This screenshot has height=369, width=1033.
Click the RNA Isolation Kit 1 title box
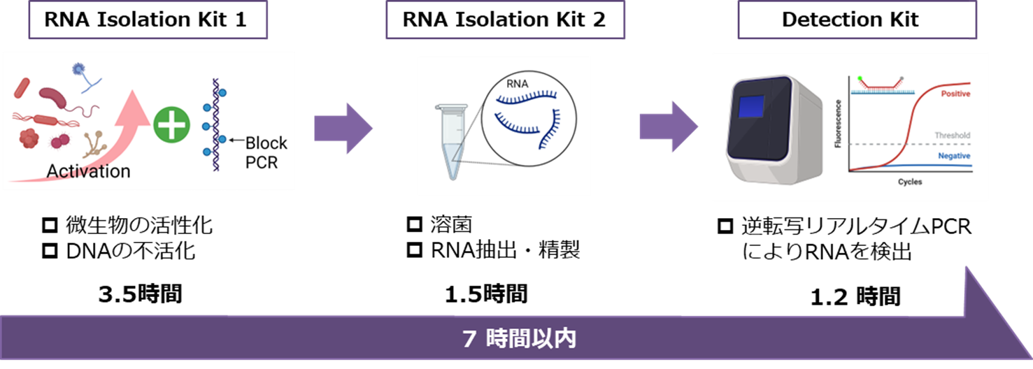click(x=146, y=20)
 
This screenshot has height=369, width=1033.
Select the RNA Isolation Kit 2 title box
click(x=504, y=20)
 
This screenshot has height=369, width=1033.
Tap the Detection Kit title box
click(x=850, y=20)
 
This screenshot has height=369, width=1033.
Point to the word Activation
click(x=88, y=171)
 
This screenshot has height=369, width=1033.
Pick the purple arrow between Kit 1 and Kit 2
click(x=343, y=129)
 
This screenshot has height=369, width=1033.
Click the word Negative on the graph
click(x=954, y=156)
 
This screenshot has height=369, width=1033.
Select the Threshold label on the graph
click(x=952, y=136)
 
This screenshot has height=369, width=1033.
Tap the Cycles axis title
click(x=909, y=182)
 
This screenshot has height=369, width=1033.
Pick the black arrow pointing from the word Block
click(x=233, y=141)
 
